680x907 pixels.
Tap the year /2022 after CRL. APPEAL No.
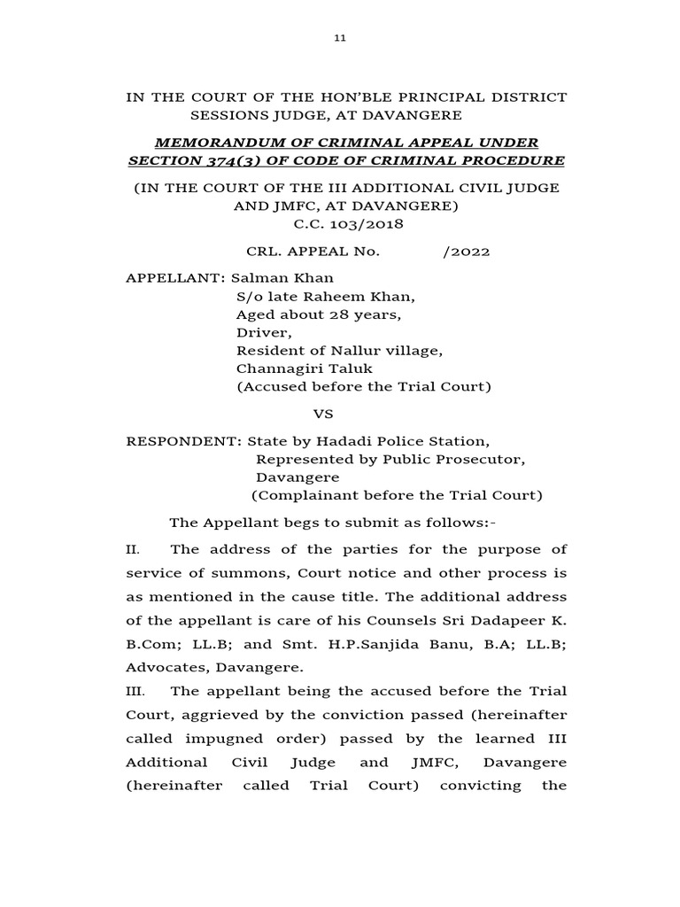[x=466, y=251]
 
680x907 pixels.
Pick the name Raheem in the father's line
[x=332, y=296]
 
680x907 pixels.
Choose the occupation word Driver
[x=261, y=332]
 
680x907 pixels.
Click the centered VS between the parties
[x=326, y=414]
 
